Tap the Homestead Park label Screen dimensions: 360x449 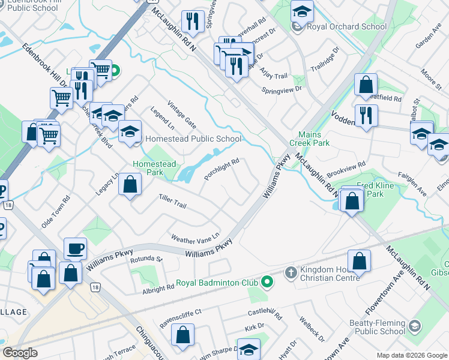(155, 168)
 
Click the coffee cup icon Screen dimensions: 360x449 (76, 248)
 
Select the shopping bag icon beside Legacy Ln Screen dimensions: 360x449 (130, 185)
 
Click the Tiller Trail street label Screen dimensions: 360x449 (172, 201)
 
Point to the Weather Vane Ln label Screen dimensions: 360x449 (196, 237)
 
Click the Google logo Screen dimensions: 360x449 (20, 353)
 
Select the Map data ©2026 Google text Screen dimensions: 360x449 (412, 355)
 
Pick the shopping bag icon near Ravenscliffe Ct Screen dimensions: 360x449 (182, 337)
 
